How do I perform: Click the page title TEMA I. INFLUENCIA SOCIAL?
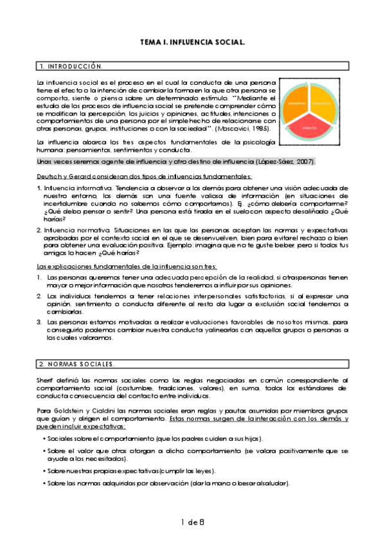[x=192, y=42]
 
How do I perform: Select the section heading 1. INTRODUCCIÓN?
[x=71, y=66]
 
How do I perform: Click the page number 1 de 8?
[x=192, y=521]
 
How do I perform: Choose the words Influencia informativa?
[x=71, y=188]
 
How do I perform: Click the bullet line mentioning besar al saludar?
[x=166, y=483]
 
